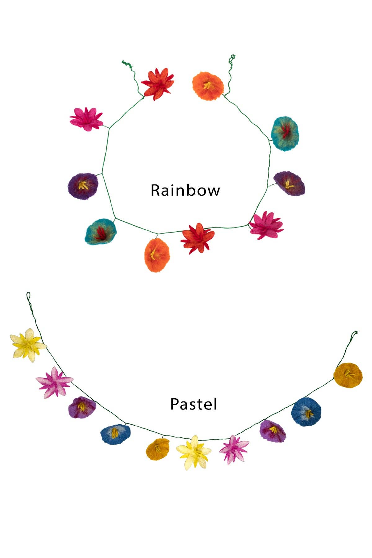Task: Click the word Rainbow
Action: click(185, 190)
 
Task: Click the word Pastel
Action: click(193, 404)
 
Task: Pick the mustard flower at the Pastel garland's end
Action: click(348, 375)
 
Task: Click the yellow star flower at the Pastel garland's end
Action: click(28, 345)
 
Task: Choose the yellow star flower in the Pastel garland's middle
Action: click(194, 452)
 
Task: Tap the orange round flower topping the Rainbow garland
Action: click(208, 86)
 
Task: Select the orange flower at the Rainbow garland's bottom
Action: click(157, 255)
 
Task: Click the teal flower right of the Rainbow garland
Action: click(285, 133)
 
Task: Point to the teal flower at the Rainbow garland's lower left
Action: click(101, 232)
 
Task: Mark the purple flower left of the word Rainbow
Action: click(83, 186)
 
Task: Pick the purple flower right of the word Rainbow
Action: click(289, 184)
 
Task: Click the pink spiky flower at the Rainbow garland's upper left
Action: click(86, 119)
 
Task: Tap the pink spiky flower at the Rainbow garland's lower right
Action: click(266, 225)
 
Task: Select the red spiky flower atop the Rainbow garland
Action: click(157, 83)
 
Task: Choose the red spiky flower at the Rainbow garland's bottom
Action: click(198, 238)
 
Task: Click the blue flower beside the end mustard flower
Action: click(306, 412)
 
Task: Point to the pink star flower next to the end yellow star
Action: click(54, 382)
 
